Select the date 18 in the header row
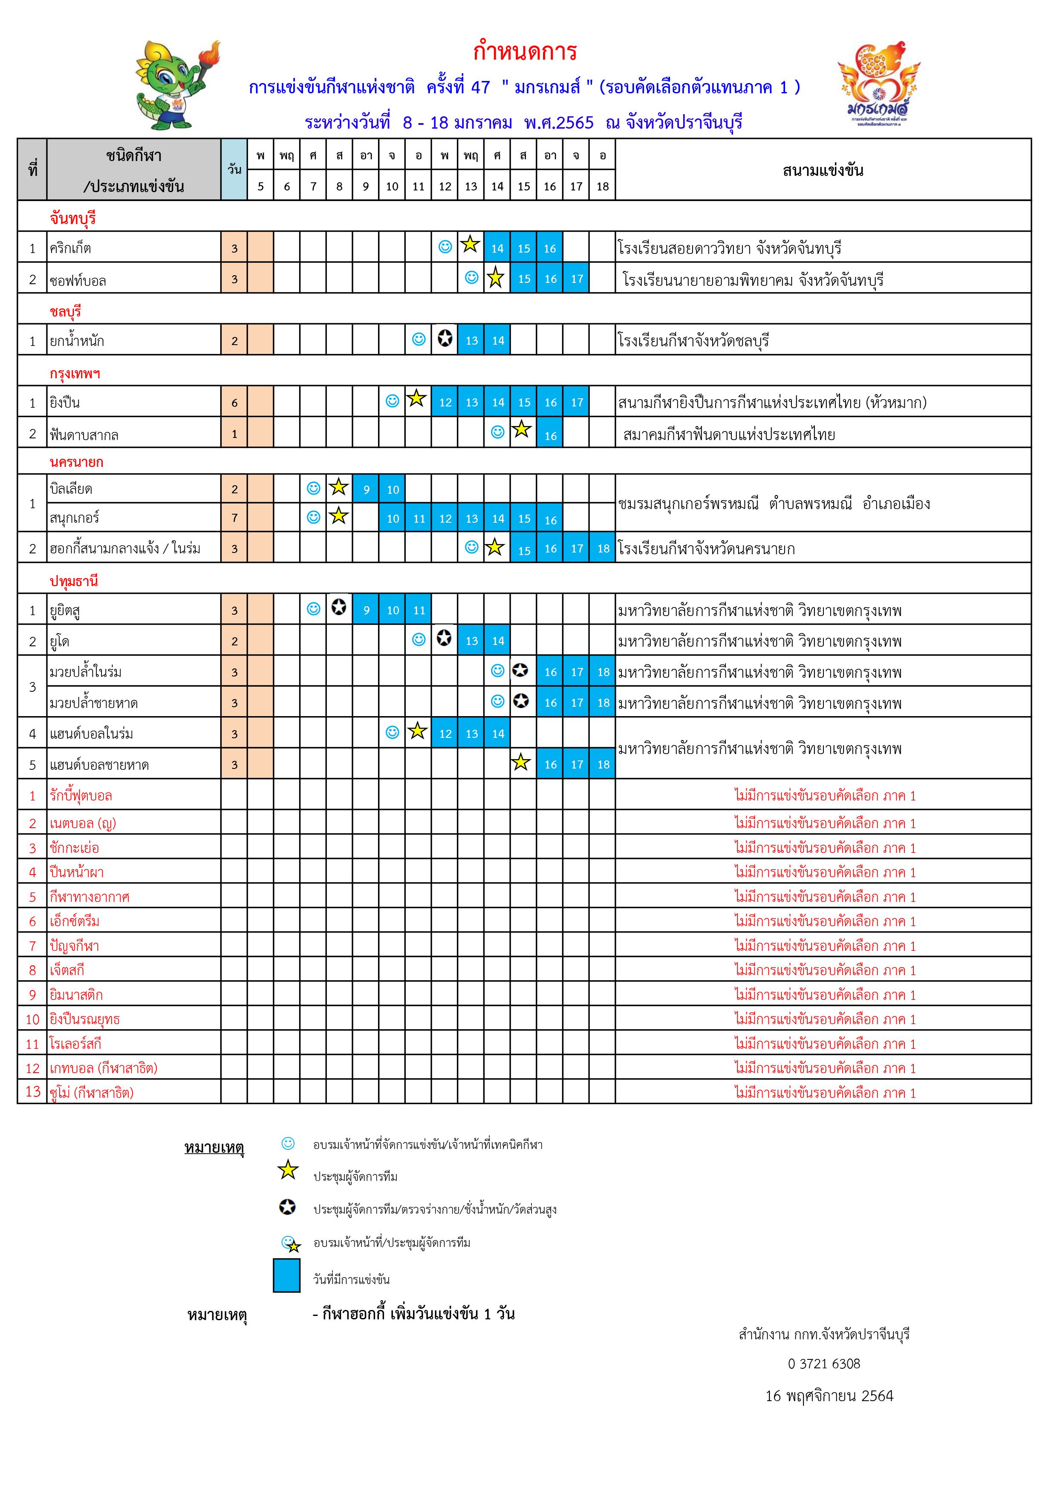[603, 187]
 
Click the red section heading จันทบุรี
[73, 218]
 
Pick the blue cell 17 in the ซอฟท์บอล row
[577, 279]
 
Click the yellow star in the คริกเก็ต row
[470, 245]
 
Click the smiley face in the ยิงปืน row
[393, 401]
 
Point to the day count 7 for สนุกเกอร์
[234, 518]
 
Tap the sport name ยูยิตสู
[65, 610]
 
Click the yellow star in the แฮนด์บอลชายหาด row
[521, 763]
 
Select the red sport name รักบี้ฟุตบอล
[81, 795]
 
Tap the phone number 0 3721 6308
[823, 1364]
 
